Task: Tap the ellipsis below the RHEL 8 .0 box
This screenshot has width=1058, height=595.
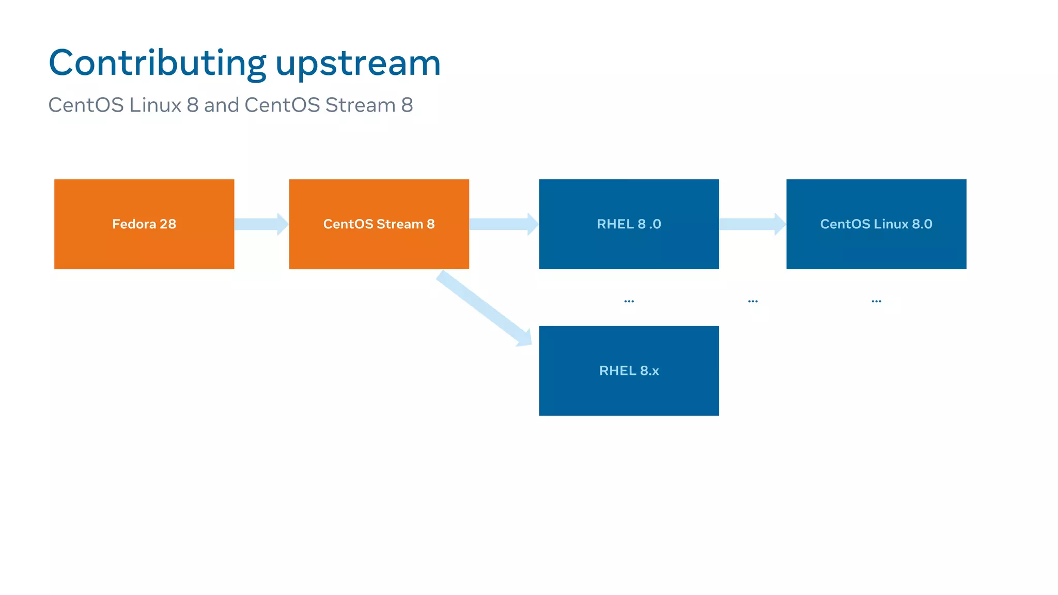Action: tap(629, 301)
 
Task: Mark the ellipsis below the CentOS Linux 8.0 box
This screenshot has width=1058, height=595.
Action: tap(876, 301)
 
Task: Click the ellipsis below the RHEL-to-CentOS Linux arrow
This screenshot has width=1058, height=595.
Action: tap(753, 301)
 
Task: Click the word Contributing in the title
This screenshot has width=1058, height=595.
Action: tap(157, 64)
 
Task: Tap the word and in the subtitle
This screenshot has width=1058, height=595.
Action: tap(221, 105)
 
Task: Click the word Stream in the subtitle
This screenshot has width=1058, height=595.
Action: tap(360, 105)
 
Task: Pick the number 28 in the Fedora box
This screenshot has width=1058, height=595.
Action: tap(167, 224)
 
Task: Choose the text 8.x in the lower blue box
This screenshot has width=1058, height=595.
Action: tap(649, 371)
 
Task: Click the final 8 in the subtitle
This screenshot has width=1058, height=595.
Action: tap(407, 105)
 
